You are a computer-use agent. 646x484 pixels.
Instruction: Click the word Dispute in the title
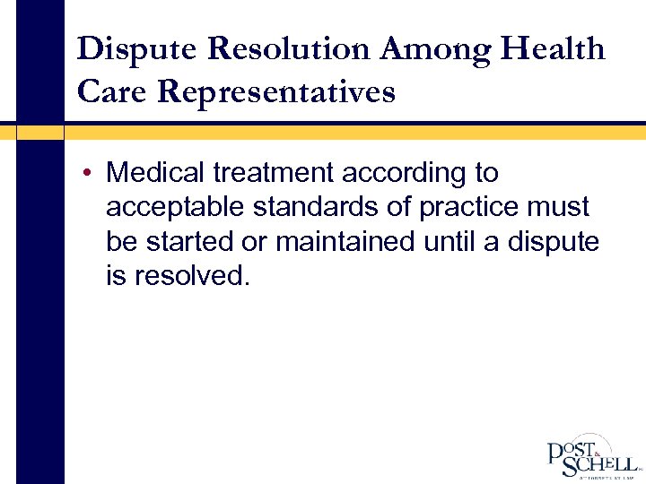[131, 48]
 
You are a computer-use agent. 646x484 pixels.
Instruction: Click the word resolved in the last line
[189, 276]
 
